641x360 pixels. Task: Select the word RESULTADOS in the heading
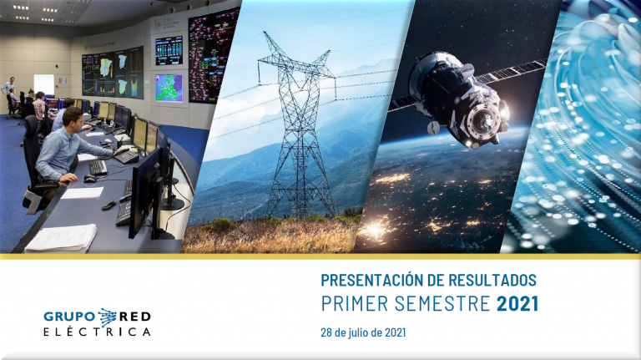[x=492, y=280]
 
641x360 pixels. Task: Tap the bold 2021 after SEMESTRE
[x=517, y=303]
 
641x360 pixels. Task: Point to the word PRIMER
[x=355, y=303]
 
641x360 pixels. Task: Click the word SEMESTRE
[x=442, y=303]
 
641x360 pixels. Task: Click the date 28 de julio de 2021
[x=363, y=332]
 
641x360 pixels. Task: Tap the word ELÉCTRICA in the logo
[x=97, y=332]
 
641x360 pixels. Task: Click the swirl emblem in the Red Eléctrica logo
[x=107, y=317]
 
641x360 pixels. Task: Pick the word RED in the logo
[x=134, y=317]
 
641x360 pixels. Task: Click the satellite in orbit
[x=470, y=99]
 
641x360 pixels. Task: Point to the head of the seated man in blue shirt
[x=73, y=119]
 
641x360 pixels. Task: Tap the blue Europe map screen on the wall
[x=169, y=88]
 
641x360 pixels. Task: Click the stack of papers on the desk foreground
[x=61, y=238]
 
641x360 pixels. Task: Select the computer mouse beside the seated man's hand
[x=89, y=179]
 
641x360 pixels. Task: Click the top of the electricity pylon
[x=266, y=33]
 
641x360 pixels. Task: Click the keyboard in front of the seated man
[x=98, y=167]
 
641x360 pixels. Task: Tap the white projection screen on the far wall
[x=43, y=84]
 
